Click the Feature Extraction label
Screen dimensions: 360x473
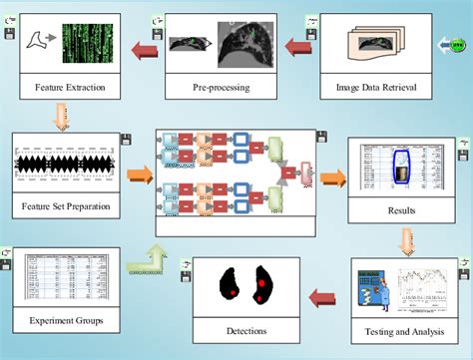point(70,87)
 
